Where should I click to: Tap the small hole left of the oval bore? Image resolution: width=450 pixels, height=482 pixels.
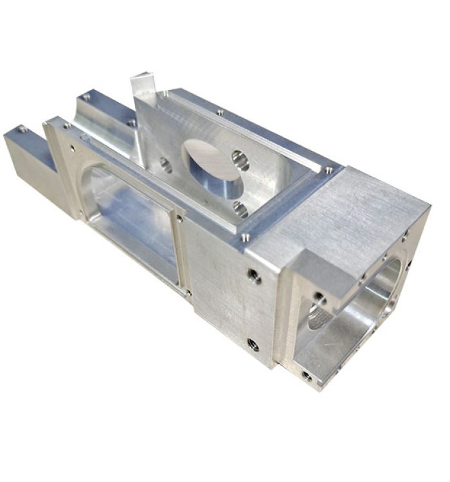pyautogui.click(x=165, y=165)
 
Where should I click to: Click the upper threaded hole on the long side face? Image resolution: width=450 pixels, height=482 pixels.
pyautogui.click(x=255, y=276)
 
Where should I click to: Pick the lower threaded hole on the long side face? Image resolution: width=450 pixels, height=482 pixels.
pyautogui.click(x=254, y=345)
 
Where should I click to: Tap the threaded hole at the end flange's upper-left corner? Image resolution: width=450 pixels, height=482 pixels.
pyautogui.click(x=319, y=299)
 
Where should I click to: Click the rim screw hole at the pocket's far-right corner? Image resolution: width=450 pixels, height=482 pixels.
pyautogui.click(x=329, y=170)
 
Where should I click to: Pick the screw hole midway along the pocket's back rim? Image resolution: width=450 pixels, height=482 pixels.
pyautogui.click(x=221, y=112)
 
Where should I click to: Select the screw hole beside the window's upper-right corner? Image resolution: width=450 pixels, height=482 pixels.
pyautogui.click(x=180, y=219)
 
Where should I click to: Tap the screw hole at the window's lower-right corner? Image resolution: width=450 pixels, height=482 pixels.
pyautogui.click(x=188, y=292)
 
